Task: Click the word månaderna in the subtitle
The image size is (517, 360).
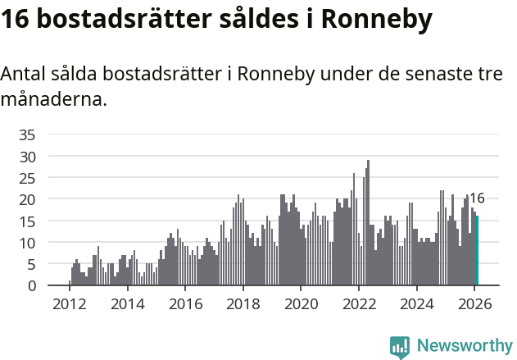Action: click(53, 100)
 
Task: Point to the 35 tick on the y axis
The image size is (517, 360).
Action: click(27, 134)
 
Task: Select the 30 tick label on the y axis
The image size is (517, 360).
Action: click(27, 156)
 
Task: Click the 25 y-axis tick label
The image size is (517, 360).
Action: click(27, 178)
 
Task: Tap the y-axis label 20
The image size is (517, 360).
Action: click(27, 199)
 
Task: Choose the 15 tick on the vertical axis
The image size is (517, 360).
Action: click(27, 221)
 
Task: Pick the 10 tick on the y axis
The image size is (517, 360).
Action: click(27, 243)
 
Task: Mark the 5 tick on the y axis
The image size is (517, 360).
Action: click(31, 264)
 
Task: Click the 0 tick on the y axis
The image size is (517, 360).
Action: click(31, 286)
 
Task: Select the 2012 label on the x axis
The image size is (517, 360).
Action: click(69, 303)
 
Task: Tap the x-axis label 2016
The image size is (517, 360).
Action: click(185, 303)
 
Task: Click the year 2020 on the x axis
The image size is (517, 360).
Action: click(301, 303)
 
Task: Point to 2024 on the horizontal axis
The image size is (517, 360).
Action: click(416, 303)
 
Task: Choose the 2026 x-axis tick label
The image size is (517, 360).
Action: click(474, 303)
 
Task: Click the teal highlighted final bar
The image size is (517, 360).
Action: click(477, 251)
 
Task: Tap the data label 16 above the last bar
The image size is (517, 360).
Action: click(477, 198)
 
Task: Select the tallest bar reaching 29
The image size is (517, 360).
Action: click(368, 223)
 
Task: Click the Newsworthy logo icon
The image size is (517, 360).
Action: click(400, 346)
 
